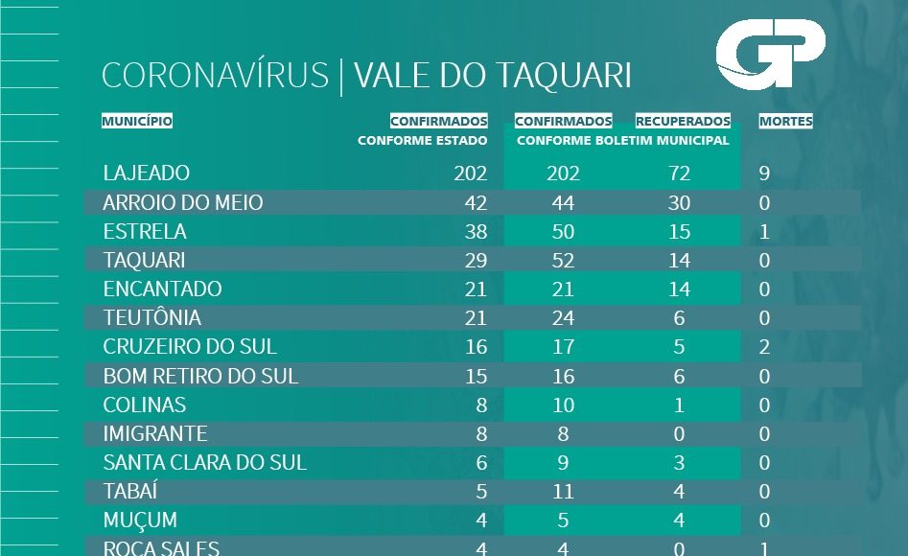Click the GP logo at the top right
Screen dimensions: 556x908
coord(770,56)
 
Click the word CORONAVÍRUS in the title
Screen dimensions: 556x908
coord(215,77)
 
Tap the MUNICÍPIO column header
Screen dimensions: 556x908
coord(137,122)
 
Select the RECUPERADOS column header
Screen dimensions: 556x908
coord(683,122)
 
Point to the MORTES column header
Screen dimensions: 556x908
coord(785,122)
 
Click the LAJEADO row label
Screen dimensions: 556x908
coord(147,174)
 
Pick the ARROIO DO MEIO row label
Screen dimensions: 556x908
coord(183,203)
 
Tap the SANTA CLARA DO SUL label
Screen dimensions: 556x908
coord(205,462)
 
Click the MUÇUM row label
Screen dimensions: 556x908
coord(140,520)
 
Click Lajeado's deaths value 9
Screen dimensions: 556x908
coord(764,174)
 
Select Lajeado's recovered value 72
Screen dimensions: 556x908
coord(679,174)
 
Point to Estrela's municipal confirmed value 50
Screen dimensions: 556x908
coord(563,232)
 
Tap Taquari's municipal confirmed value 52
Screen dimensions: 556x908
coord(563,261)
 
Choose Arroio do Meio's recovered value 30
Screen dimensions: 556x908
coord(679,203)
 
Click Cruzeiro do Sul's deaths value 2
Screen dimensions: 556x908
coord(764,347)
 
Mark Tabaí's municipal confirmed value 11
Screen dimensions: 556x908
coord(563,491)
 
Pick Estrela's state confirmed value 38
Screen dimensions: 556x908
coord(476,232)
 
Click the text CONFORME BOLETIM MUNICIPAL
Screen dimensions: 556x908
coord(623,141)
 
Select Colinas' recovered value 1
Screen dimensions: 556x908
coord(679,405)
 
